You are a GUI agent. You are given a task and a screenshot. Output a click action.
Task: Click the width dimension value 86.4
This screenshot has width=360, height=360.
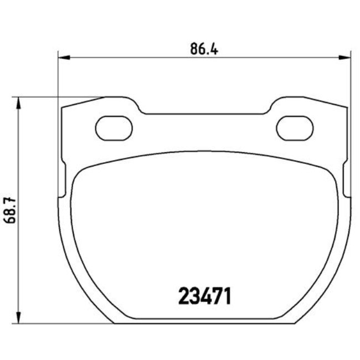(204, 49)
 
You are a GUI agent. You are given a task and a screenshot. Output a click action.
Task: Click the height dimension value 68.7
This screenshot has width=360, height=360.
(10, 210)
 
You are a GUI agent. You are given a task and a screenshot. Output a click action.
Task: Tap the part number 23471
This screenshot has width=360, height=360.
(204, 296)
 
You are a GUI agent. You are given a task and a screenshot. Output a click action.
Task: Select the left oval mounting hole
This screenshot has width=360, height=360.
(114, 128)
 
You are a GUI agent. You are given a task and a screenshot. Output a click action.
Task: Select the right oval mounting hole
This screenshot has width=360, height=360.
(295, 128)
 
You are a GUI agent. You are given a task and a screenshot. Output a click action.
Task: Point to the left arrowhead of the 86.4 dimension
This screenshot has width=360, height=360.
(64, 57)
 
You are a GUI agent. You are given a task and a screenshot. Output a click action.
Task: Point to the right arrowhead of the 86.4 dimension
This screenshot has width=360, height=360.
(345, 57)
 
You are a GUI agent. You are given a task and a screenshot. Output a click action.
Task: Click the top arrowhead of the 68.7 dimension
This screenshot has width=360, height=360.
(19, 103)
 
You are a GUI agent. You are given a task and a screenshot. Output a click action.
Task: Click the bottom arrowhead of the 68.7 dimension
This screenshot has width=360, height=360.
(19, 317)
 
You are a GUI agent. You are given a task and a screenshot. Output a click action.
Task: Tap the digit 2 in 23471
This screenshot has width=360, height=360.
(184, 296)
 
